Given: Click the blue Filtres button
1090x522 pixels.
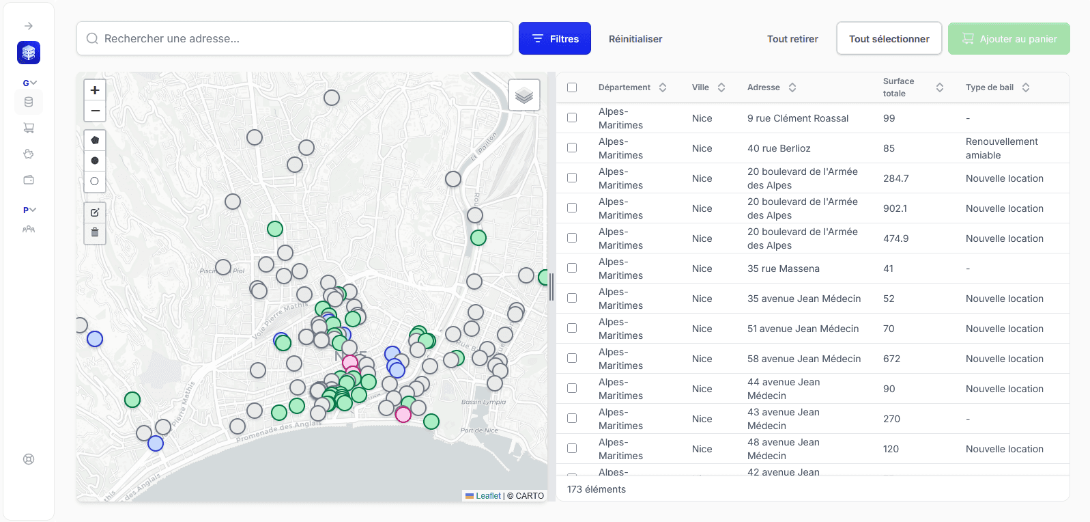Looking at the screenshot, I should pos(554,39).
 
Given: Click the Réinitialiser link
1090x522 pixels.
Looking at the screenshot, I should pos(635,39).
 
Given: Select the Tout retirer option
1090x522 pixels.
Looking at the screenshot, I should pos(792,39).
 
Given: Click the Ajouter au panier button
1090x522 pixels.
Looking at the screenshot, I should pos(1008,39).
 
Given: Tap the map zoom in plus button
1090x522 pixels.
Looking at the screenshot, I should pos(95,90).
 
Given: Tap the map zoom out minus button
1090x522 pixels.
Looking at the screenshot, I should pos(95,111).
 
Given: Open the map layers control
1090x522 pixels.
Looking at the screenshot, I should pos(524,95).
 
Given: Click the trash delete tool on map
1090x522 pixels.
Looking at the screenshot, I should pos(95,232).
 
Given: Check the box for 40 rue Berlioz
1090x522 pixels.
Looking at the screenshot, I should pos(572,148).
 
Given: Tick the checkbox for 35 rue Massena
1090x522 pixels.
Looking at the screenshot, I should pos(572,269).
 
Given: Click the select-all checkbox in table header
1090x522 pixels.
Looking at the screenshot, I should pos(572,87).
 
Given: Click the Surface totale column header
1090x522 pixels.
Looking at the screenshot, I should pos(898,87).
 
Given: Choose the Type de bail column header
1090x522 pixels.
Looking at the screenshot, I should pos(989,87).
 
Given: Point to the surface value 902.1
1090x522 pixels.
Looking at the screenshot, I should pos(895,208).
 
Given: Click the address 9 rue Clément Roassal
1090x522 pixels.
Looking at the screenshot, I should pos(797,118).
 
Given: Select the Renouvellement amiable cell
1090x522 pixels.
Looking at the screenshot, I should pos(1001,148).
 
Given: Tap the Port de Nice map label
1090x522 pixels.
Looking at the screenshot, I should pos(478,430).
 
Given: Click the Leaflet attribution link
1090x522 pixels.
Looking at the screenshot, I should pos(487,496).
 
